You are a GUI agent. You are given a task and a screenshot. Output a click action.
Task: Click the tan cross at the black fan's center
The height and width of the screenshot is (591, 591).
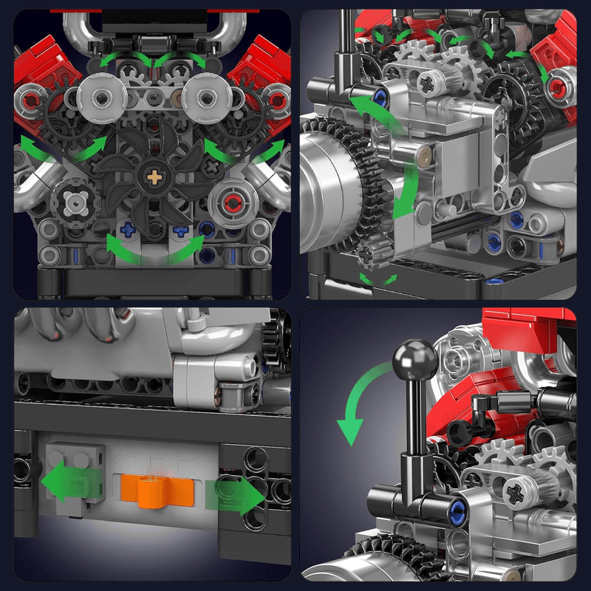tap(154, 177)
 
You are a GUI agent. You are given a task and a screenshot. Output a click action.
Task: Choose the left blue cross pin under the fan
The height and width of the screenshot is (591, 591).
tap(128, 230)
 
